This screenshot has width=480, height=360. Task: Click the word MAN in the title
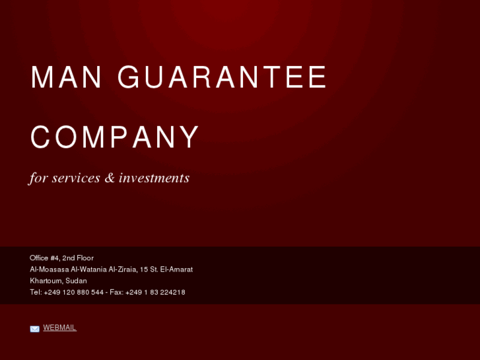[66, 78]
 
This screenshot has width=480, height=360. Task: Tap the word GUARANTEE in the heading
[223, 78]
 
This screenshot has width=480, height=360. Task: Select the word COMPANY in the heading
[115, 137]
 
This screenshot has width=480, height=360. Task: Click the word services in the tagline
[76, 178]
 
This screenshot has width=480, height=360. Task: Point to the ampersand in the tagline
[110, 178]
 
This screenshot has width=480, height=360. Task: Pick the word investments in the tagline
[154, 178]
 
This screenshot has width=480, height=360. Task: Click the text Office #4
[44, 258]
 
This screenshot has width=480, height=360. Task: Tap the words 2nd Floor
[78, 258]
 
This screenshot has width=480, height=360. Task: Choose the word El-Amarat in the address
[176, 269]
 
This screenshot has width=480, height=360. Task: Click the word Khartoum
[46, 281]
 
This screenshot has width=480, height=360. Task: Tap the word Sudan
[76, 281]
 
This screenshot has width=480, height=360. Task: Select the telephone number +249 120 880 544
[74, 292]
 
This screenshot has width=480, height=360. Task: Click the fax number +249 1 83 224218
[155, 292]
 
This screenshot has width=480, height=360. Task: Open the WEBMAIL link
[59, 328]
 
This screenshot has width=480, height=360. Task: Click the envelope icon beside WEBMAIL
[34, 328]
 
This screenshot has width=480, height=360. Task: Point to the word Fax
[116, 292]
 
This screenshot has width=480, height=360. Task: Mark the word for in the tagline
[38, 178]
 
